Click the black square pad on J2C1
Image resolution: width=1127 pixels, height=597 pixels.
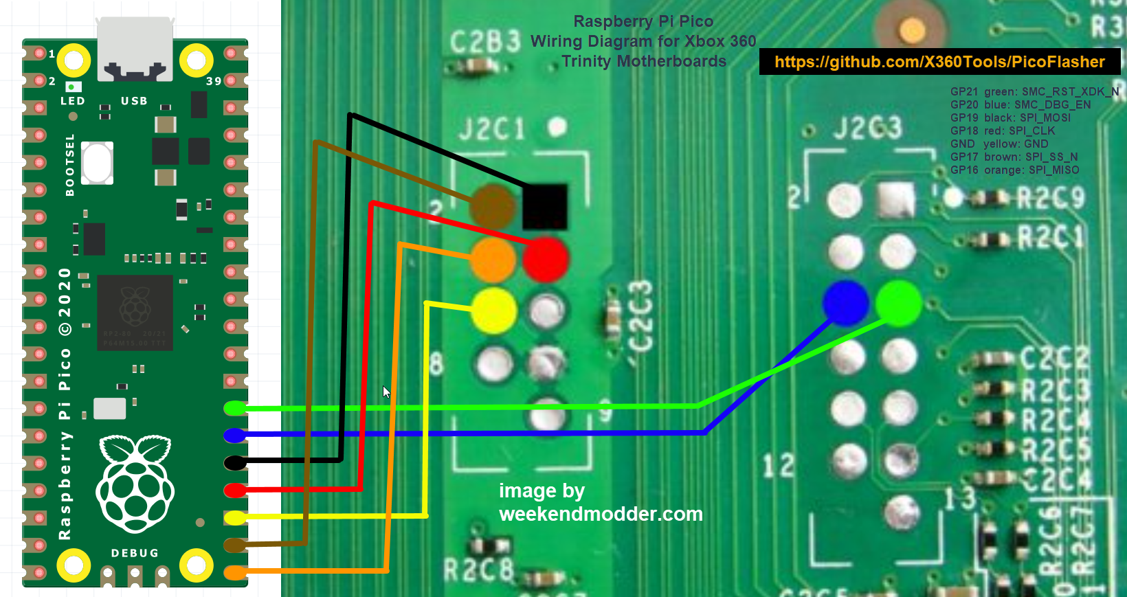545,207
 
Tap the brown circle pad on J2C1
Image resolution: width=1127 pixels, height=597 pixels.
493,205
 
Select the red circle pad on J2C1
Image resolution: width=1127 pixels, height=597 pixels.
546,259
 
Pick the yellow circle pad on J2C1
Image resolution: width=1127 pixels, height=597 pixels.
494,311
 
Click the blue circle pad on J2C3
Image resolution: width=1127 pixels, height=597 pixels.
846,303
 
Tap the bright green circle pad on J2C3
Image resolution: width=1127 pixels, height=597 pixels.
898,303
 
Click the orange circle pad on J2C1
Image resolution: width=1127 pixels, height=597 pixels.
493,260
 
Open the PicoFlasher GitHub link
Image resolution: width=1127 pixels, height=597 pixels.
939,62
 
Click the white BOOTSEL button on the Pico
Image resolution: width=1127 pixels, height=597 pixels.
97,163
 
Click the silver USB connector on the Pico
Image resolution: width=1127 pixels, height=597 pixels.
135,48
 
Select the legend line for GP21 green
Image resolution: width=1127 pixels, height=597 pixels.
1034,91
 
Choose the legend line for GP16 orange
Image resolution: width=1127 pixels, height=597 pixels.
1014,170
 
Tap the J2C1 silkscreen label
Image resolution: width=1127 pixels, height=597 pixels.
492,128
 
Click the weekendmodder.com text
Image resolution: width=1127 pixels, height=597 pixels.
601,514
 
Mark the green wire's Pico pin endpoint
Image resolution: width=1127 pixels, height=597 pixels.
235,408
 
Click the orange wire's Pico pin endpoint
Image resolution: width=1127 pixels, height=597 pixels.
235,572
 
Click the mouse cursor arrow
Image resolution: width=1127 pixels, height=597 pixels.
386,392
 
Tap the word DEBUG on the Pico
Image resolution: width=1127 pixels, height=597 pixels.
135,553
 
